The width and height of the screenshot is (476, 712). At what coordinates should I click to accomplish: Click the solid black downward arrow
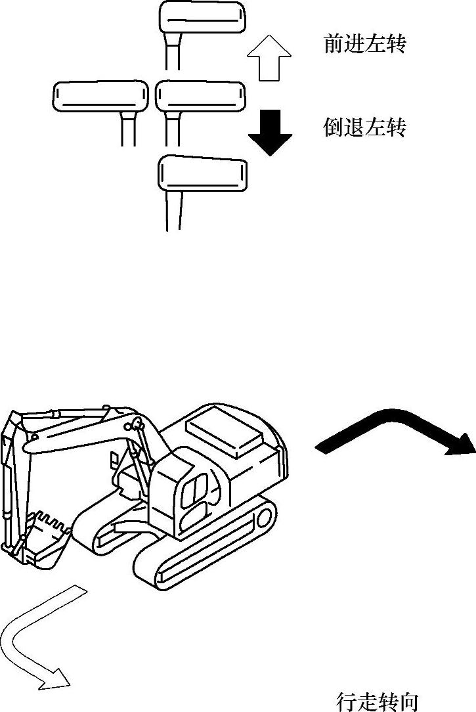coord(270,131)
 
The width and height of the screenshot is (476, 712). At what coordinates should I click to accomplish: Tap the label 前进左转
coord(364,44)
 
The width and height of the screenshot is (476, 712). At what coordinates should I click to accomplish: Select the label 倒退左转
coord(364,126)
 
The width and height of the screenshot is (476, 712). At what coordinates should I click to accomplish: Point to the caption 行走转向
coord(377,701)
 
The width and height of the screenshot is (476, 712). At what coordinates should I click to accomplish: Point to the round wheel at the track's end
coord(265,518)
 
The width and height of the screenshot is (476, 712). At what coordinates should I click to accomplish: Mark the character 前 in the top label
coord(334,44)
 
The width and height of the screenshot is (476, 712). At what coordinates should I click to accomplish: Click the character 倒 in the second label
coord(334,126)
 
